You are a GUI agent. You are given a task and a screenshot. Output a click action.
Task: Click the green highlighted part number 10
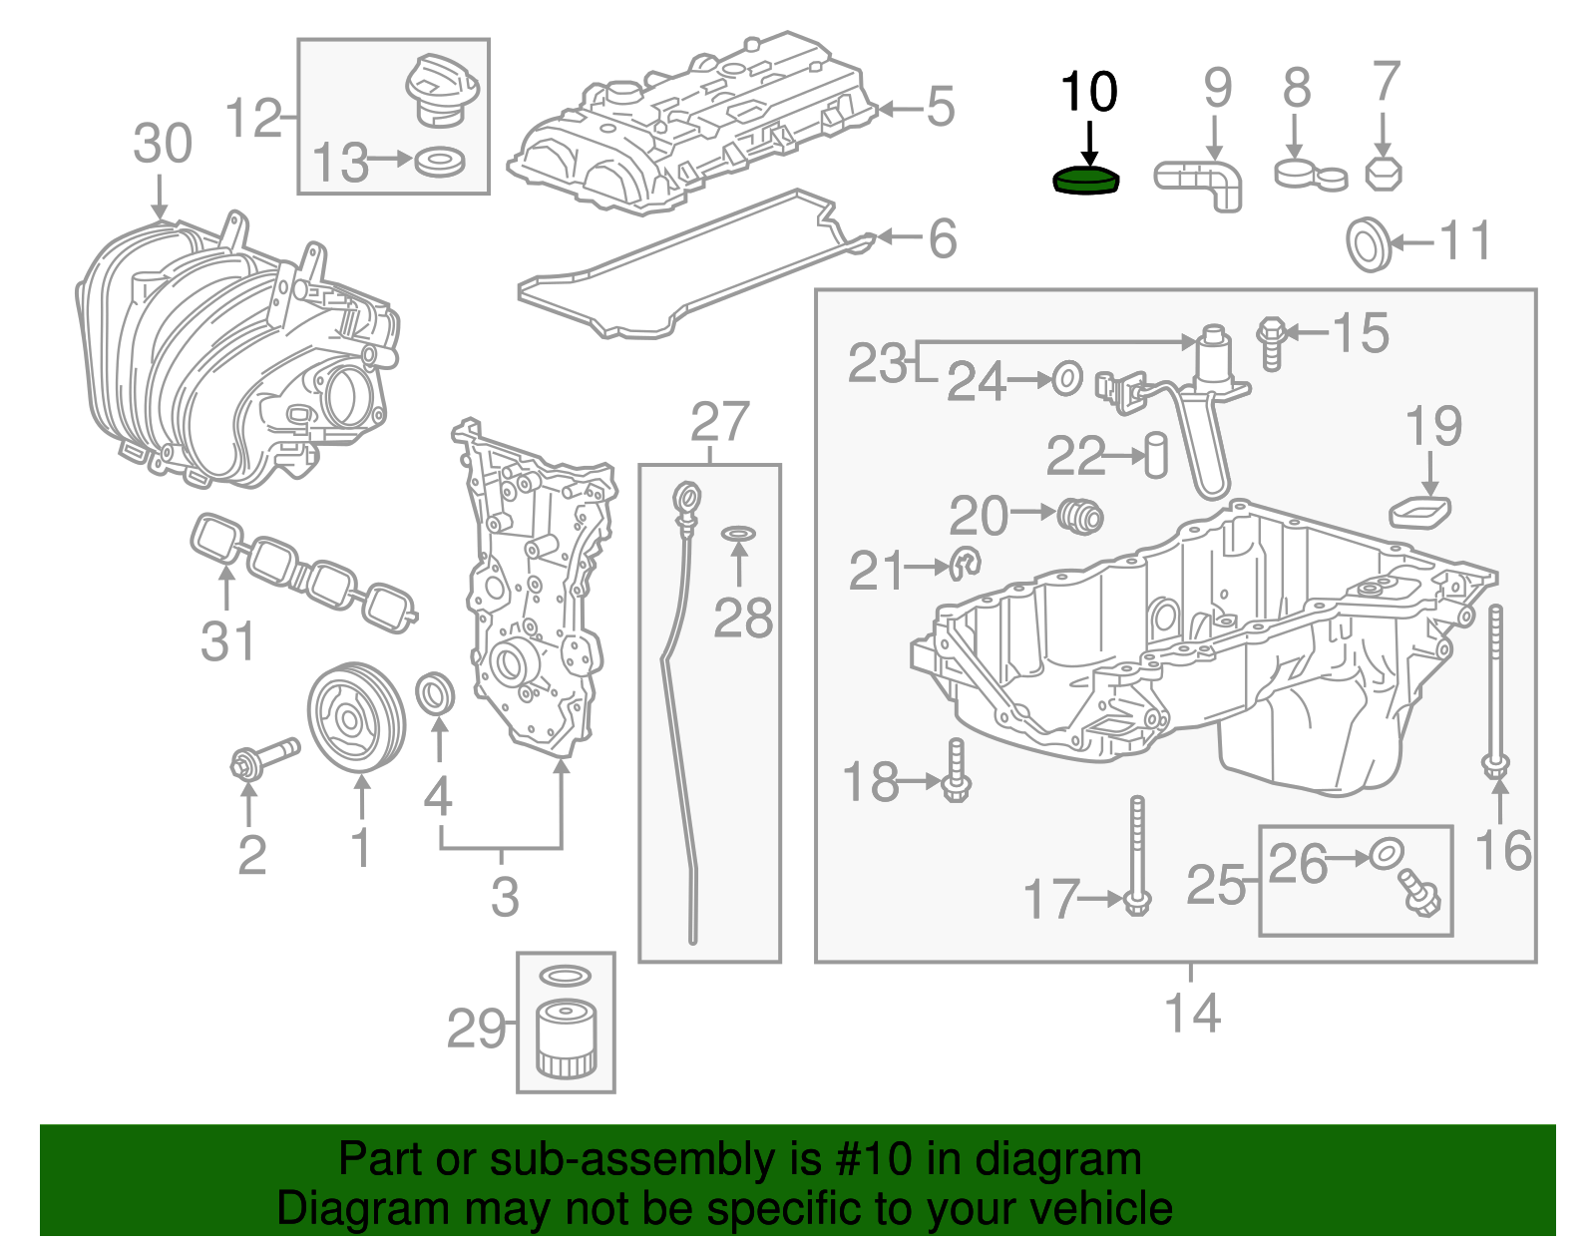pyautogui.click(x=1086, y=181)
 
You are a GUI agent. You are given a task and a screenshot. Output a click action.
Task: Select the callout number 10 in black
pyautogui.click(x=1088, y=93)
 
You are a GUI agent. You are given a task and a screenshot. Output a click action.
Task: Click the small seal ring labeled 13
pyautogui.click(x=440, y=161)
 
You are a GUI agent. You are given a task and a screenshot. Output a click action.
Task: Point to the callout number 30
pyautogui.click(x=163, y=144)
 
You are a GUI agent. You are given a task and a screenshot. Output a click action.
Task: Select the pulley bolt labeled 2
pyautogui.click(x=263, y=758)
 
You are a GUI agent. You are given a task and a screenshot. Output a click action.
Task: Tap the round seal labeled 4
pyautogui.click(x=435, y=694)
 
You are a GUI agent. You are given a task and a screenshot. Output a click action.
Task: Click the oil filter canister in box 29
pyautogui.click(x=566, y=1041)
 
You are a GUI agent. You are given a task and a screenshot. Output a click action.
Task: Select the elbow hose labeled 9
pyautogui.click(x=1201, y=183)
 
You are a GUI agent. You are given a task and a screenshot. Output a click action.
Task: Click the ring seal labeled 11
pyautogui.click(x=1369, y=242)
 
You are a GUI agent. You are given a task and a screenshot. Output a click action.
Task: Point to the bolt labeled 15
pyautogui.click(x=1271, y=341)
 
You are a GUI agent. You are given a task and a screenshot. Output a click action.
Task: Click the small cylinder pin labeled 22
pyautogui.click(x=1156, y=455)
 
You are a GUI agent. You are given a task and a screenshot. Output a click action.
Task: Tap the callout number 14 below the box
pyautogui.click(x=1193, y=1014)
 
